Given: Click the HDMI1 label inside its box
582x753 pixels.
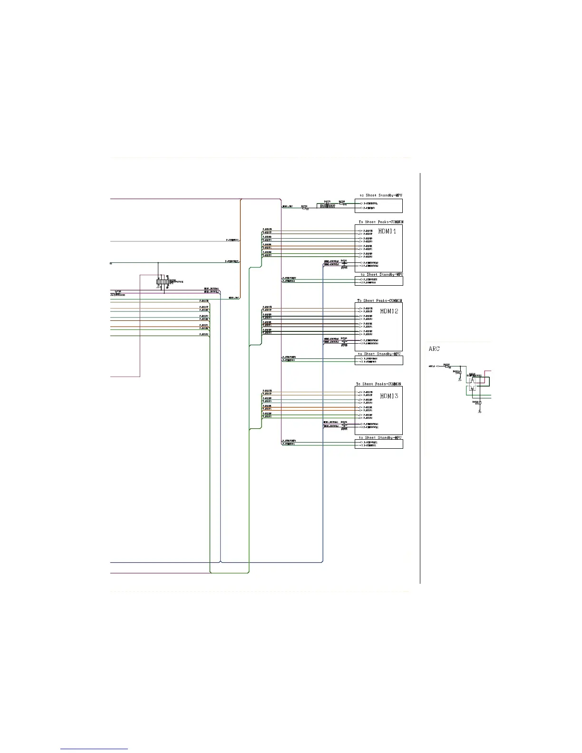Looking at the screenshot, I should tap(387, 232).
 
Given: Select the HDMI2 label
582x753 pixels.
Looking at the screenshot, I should tap(389, 311).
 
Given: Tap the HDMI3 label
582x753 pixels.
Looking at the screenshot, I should tap(389, 396).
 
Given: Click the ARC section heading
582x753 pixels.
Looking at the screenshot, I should tap(434, 349).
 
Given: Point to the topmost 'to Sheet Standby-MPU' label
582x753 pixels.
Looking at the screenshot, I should tap(381, 195).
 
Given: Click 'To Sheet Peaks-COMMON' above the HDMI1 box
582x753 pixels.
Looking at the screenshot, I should tap(381, 222).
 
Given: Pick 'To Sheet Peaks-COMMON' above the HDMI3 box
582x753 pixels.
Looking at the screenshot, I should tap(378, 384).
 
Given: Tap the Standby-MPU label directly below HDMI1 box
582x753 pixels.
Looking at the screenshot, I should tap(381, 274).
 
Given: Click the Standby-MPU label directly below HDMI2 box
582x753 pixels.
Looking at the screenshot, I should tap(379, 354).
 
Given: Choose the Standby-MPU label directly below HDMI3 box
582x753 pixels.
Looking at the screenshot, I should tap(380, 438).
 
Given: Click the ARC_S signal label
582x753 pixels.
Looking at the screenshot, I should tap(432, 367).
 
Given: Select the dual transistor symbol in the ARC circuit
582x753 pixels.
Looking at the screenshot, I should tap(472, 386).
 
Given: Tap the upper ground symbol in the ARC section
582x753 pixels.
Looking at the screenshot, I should tap(459, 379).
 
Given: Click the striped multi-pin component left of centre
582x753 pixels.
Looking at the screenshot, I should tap(162, 282).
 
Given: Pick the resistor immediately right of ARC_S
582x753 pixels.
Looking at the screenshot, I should tap(446, 367).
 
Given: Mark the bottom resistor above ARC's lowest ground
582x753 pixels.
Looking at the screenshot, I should tap(480, 403).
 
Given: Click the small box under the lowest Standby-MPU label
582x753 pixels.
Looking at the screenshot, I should tap(379, 444).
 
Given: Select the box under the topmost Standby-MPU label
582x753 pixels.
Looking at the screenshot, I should tap(379, 206).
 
